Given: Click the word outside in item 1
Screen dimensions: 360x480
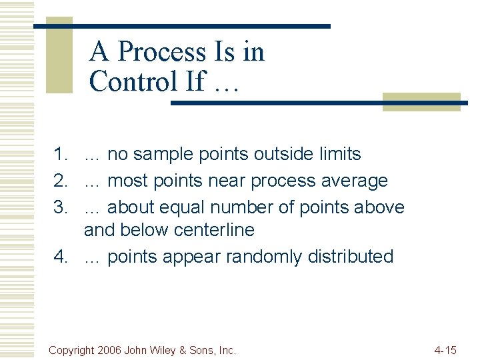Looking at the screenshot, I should pyautogui.click(x=282, y=154).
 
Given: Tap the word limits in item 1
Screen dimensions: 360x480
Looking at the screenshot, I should pyautogui.click(x=338, y=154).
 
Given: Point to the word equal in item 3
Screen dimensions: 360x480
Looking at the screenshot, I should pyautogui.click(x=191, y=208).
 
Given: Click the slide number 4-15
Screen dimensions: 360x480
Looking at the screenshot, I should pyautogui.click(x=445, y=349).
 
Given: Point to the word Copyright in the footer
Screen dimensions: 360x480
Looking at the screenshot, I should pyautogui.click(x=72, y=349).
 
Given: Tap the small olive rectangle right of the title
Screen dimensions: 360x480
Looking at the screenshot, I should pyautogui.click(x=421, y=101).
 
